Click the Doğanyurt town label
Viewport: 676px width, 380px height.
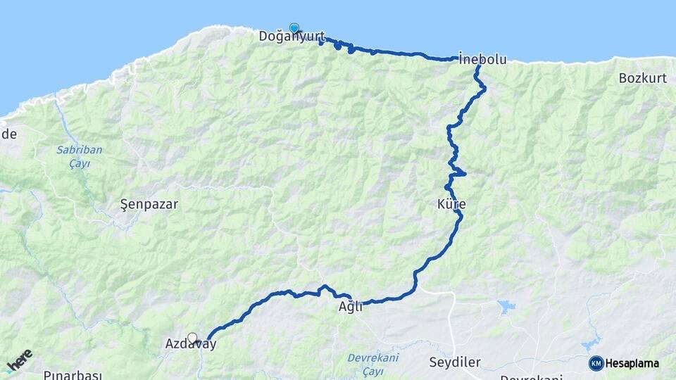tap(292, 36)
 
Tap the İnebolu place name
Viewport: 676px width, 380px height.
tap(482, 60)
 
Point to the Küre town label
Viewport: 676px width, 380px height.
tap(451, 204)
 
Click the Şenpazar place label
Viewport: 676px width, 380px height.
tap(149, 205)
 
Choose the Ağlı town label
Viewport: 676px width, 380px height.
tap(351, 306)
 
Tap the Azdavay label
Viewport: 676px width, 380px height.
tap(190, 344)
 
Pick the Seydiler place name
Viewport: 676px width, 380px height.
tap(454, 362)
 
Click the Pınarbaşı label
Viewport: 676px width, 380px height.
tap(73, 375)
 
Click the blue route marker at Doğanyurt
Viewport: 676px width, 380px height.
tap(294, 28)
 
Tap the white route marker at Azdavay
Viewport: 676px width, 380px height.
tap(192, 338)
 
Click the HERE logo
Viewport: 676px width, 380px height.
tap(19, 360)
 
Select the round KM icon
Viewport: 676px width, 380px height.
tap(596, 363)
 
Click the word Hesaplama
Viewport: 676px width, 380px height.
tap(632, 363)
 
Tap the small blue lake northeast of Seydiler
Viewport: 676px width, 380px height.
tap(506, 306)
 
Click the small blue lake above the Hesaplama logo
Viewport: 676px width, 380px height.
tap(592, 345)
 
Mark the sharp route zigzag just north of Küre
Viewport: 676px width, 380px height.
tap(457, 172)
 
